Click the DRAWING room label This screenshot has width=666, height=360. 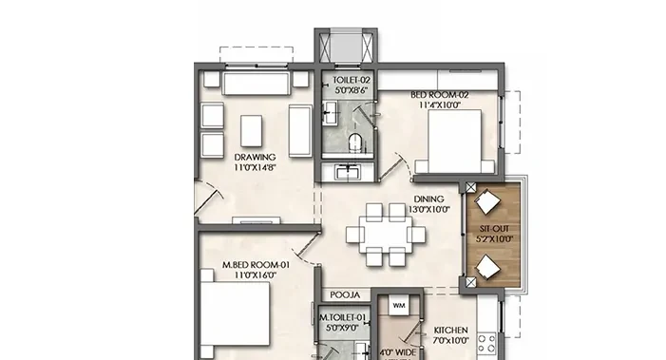255,157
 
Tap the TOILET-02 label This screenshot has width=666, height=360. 352,80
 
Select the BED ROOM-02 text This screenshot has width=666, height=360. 440,95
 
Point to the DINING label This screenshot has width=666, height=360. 429,199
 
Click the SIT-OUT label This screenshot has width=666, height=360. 494,229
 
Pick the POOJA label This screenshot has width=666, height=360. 345,295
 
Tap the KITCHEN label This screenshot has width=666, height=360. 451,330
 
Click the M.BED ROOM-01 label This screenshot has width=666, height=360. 257,265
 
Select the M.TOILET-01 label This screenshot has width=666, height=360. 342,317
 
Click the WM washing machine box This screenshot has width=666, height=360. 398,305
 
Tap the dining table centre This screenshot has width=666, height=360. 386,235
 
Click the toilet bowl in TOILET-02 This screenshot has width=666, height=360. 355,142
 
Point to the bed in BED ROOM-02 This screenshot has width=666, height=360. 454,142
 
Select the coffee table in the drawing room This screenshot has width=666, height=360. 251,131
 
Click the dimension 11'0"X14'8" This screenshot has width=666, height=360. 255,168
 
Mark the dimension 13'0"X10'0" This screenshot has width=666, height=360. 429,209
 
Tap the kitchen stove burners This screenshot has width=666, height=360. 486,344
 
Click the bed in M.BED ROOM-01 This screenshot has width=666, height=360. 235,313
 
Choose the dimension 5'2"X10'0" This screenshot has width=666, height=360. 494,239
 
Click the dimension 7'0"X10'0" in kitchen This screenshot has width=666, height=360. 451,340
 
